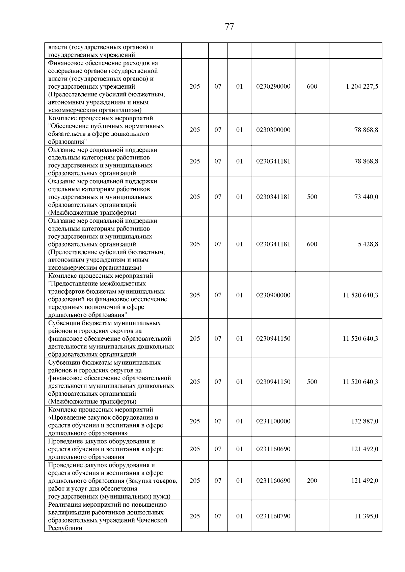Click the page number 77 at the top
click(x=229, y=27)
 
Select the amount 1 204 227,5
click(x=362, y=87)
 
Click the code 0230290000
click(x=273, y=87)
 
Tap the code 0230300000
click(x=273, y=130)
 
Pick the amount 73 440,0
click(x=366, y=197)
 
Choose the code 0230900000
click(x=273, y=295)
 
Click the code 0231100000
click(x=273, y=421)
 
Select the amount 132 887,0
click(x=364, y=421)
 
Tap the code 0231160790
click(x=273, y=516)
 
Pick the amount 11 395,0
click(x=366, y=516)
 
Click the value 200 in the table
click(x=312, y=481)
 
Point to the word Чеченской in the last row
click(x=152, y=520)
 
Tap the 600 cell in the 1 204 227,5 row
click(x=312, y=87)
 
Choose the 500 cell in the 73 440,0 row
click(x=312, y=197)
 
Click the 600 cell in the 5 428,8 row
click(x=312, y=244)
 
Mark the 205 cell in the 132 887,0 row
click(x=195, y=421)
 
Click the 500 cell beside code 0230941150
click(x=312, y=382)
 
